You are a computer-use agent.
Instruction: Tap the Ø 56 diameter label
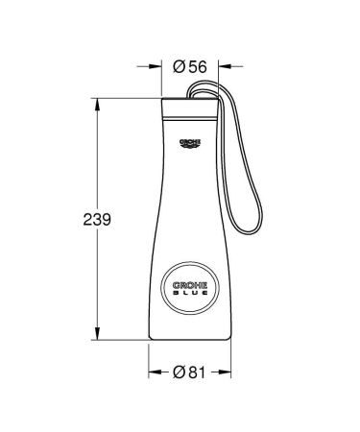[x=192, y=66]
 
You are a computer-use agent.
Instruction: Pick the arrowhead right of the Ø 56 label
[x=220, y=66]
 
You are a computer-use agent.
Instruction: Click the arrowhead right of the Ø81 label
[x=230, y=372]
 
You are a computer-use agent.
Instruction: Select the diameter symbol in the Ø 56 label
[x=180, y=66]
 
